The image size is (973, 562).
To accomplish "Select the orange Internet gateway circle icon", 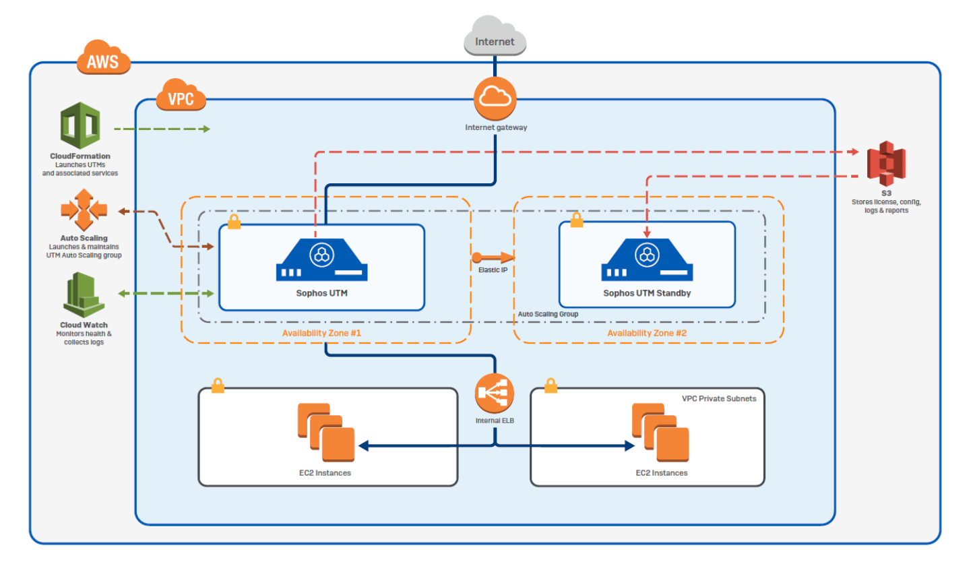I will pyautogui.click(x=495, y=98).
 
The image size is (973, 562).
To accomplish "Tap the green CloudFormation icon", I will pyautogui.click(x=80, y=125).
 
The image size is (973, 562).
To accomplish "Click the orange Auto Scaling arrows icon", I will pyautogui.click(x=84, y=210).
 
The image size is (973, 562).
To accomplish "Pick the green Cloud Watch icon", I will pyautogui.click(x=84, y=295).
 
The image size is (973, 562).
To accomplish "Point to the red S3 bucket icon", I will pyautogui.click(x=886, y=164).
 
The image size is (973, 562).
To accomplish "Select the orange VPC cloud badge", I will pyautogui.click(x=180, y=97).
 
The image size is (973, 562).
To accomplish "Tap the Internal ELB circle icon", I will pyautogui.click(x=495, y=394).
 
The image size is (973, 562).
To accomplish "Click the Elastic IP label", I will pyautogui.click(x=493, y=270).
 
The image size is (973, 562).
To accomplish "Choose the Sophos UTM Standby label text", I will pyautogui.click(x=647, y=294).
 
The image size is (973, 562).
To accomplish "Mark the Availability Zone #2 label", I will pyautogui.click(x=647, y=334).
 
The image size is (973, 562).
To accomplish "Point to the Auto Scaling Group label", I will pyautogui.click(x=548, y=314).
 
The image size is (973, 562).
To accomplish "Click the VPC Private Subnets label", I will pyautogui.click(x=718, y=398).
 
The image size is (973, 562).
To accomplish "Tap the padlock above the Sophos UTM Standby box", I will pyautogui.click(x=576, y=220).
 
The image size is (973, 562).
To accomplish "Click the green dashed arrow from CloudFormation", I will pyautogui.click(x=162, y=128).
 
